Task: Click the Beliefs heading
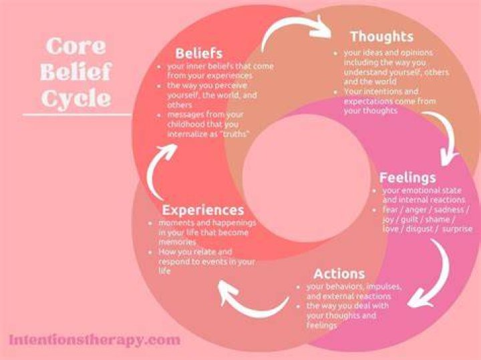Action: coord(199,53)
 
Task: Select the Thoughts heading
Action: coord(382,37)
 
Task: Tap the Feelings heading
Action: coord(408,178)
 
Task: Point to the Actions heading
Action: coord(339,274)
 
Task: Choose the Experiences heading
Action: coord(203,210)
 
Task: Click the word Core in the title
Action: coord(75,46)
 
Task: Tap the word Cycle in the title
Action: coord(75,99)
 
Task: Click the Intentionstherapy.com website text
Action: coord(94,340)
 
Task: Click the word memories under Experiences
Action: coord(177,242)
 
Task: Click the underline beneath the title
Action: coord(77,116)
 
